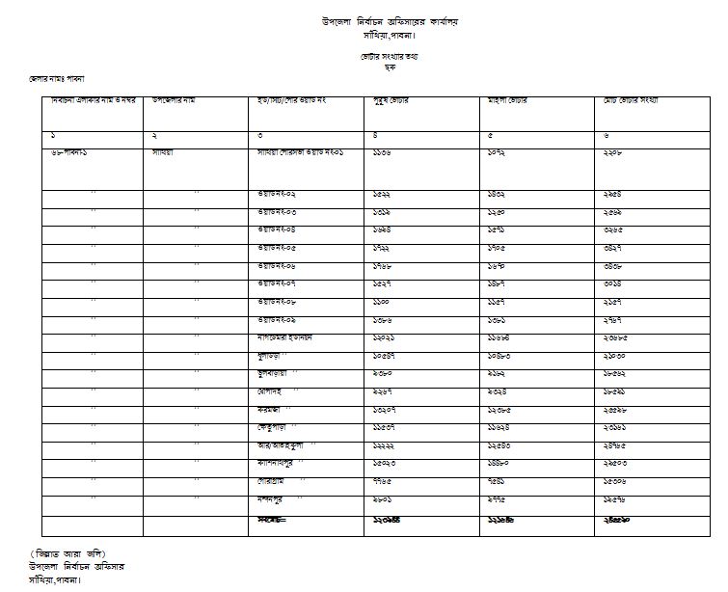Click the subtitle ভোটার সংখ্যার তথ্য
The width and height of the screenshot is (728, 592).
click(383, 58)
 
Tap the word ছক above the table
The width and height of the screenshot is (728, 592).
click(383, 67)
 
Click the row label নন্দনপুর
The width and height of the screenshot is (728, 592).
click(275, 499)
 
